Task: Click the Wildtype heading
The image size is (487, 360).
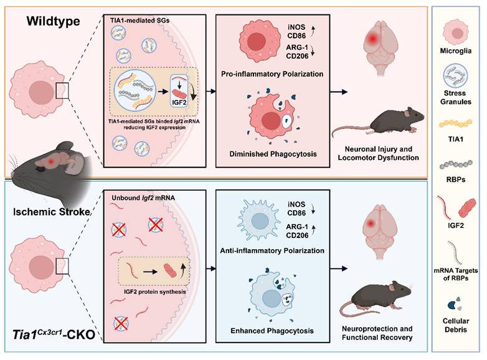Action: [x=53, y=21]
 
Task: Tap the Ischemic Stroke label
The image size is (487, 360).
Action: [x=52, y=212]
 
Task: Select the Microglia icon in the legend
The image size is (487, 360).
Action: [x=456, y=32]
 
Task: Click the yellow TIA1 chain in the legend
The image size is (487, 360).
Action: [x=456, y=123]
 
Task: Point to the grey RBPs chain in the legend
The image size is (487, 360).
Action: [x=456, y=164]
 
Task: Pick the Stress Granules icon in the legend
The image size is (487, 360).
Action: [x=455, y=76]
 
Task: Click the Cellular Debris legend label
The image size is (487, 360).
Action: [x=456, y=325]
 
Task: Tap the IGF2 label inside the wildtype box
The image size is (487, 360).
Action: [x=179, y=102]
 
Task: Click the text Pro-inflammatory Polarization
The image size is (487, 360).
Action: [x=272, y=74]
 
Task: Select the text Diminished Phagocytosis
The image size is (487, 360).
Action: [x=273, y=154]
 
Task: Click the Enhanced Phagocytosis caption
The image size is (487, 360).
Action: [x=272, y=331]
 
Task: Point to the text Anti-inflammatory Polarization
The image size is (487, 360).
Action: [x=272, y=250]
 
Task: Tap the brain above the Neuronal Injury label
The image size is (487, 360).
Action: [x=380, y=47]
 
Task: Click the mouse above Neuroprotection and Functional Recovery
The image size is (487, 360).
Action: [x=376, y=299]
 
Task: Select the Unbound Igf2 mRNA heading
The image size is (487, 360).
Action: [x=143, y=198]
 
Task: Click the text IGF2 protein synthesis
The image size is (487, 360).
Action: [x=154, y=291]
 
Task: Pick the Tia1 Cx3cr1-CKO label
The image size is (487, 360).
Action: [x=54, y=334]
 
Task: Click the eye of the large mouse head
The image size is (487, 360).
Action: [x=39, y=169]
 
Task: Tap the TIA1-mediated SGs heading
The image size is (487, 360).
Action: [x=139, y=21]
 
